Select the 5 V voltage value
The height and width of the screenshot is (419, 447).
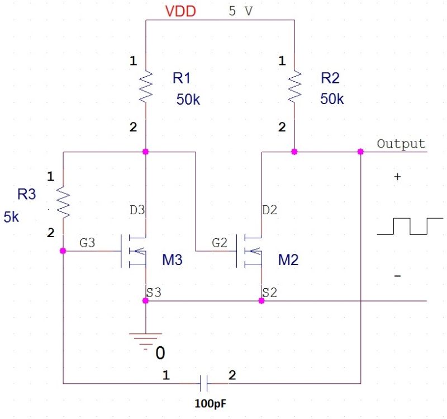coord(241,11)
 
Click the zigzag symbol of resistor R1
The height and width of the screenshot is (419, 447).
coord(145,86)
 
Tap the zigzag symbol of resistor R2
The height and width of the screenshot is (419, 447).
coord(294,86)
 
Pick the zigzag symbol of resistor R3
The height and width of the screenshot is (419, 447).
coord(63,203)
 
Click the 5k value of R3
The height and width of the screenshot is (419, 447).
coord(11,217)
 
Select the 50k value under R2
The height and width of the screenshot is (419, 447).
coord(332,99)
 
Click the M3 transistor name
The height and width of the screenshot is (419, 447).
coord(172,260)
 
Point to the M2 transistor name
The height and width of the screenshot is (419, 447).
coord(288,260)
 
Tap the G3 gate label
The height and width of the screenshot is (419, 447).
coord(87,243)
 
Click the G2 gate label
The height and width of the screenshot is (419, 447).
coord(219,243)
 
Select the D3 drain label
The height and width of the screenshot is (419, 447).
coord(137,210)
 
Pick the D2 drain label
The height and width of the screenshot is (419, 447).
coord(270,210)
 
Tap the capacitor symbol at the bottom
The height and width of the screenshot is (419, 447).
coord(204,383)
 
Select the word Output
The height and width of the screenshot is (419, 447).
coord(401,144)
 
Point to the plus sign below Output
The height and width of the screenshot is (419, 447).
coord(397,176)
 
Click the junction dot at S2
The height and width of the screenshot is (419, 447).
coord(261,300)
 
